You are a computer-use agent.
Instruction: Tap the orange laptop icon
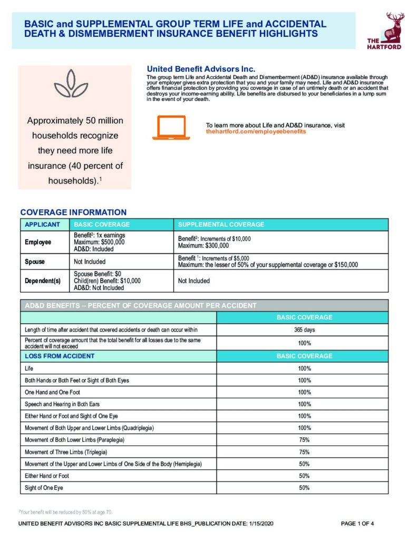pos(171,128)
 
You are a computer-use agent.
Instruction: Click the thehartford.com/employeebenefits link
pos(256,131)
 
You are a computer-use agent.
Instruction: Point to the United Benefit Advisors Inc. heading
pos(201,69)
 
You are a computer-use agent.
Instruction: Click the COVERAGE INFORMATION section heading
pos(73,213)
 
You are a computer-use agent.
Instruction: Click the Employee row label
pos(38,242)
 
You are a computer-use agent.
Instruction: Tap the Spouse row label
pos(35,262)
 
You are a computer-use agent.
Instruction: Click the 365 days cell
pos(304,330)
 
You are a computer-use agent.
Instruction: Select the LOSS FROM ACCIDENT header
pos(60,356)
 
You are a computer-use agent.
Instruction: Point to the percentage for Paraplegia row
pos(304,440)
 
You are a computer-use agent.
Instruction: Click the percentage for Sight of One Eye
pos(304,488)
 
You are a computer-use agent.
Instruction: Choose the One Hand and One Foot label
pos(53,392)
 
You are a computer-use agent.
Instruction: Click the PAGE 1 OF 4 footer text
pos(357,524)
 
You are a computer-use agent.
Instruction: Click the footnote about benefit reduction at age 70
pos(66,512)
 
